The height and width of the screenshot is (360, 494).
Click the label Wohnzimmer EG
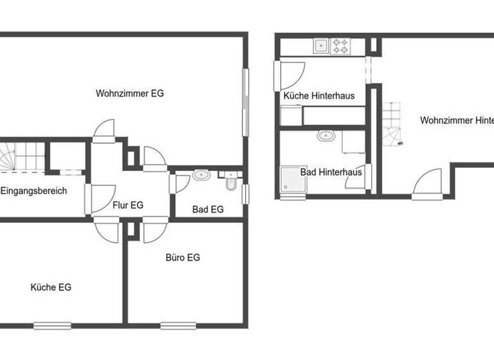point(130,93)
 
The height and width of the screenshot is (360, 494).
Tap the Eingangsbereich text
point(33,191)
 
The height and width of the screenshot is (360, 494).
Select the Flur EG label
point(128,206)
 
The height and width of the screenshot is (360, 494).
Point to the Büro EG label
point(183,258)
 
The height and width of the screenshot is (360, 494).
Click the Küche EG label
point(51,287)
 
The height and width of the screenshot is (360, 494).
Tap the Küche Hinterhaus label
point(319,96)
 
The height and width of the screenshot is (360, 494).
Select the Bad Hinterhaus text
point(331,172)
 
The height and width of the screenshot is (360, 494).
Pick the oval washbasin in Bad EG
point(201,174)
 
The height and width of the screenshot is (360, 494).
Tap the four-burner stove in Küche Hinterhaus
point(340,46)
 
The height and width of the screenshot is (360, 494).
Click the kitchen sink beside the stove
point(320,46)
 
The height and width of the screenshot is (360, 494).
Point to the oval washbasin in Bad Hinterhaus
point(326,136)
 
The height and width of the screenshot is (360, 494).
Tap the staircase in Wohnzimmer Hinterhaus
point(391,124)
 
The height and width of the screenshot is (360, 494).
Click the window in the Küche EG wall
point(52,325)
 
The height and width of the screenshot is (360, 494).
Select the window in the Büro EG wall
point(178,325)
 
